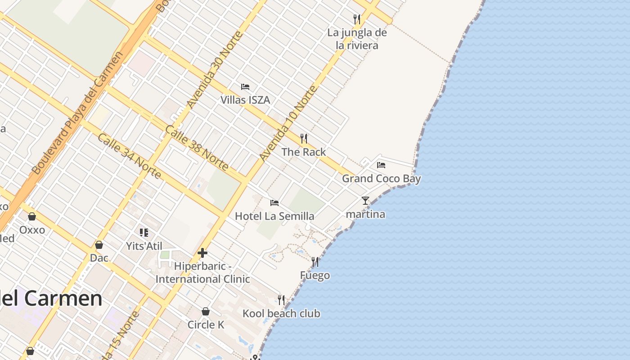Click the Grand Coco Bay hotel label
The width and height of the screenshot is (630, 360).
coord(381,179)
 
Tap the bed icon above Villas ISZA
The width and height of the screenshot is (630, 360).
coord(245,87)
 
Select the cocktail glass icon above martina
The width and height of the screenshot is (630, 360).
coord(365,201)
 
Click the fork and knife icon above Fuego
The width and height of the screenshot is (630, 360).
coord(315,262)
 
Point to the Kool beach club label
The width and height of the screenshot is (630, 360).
coord(281,314)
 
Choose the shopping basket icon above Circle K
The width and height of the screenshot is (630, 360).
coord(206,311)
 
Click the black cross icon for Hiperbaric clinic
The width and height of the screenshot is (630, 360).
coord(202,253)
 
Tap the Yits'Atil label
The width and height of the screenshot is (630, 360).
coord(144,246)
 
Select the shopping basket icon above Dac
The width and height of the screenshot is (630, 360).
coord(99,245)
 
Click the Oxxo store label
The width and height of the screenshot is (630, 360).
coord(32,230)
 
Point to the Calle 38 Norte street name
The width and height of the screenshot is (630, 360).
coord(197,148)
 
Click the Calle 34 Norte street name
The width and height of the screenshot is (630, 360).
coord(129,156)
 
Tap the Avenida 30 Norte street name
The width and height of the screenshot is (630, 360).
coord(215,70)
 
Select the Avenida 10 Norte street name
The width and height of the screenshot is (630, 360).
coord(288,123)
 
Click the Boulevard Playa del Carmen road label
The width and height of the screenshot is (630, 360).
coord(77,113)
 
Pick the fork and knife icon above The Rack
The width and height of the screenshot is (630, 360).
coord(304,138)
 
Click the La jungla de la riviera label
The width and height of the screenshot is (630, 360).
coord(357,39)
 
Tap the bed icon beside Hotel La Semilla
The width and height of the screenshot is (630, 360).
coord(274,203)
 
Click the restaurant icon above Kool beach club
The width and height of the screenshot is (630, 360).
coord(281,300)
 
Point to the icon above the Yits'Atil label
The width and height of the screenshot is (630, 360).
coord(144,233)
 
